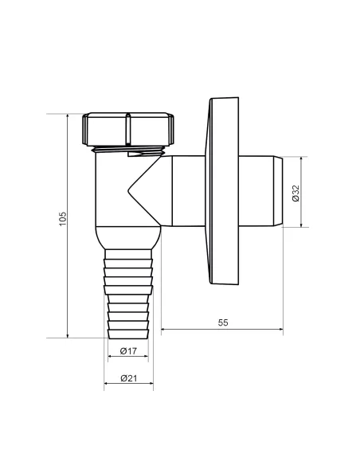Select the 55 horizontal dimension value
[x=223, y=322]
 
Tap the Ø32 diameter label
[x=295, y=193]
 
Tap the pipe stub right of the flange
[x=258, y=191]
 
